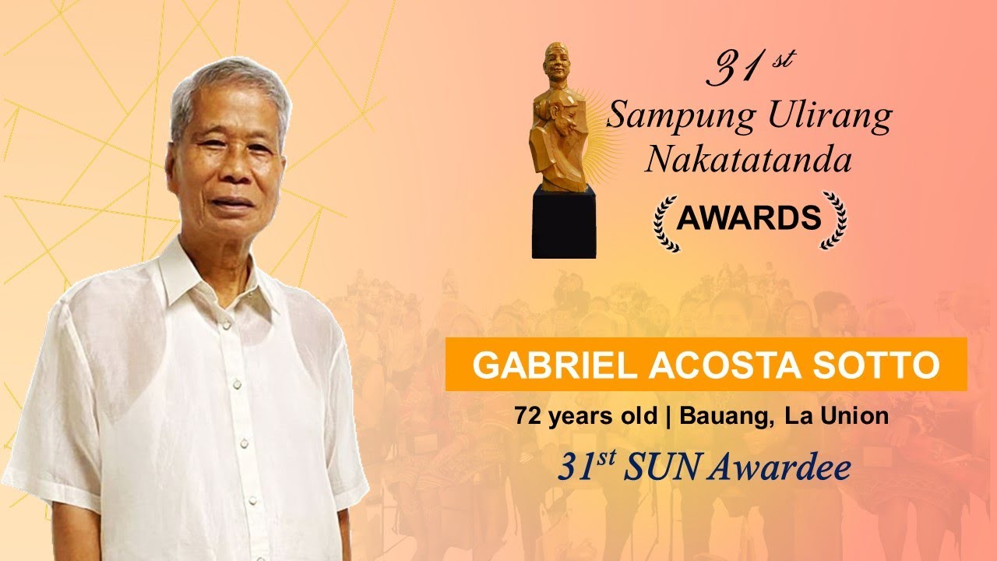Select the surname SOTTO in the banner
coord(876,365)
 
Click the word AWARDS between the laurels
coord(749,218)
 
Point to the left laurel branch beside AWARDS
coord(665,221)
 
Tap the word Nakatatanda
coord(748,160)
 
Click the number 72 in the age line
coord(527,416)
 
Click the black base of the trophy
coord(563,221)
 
